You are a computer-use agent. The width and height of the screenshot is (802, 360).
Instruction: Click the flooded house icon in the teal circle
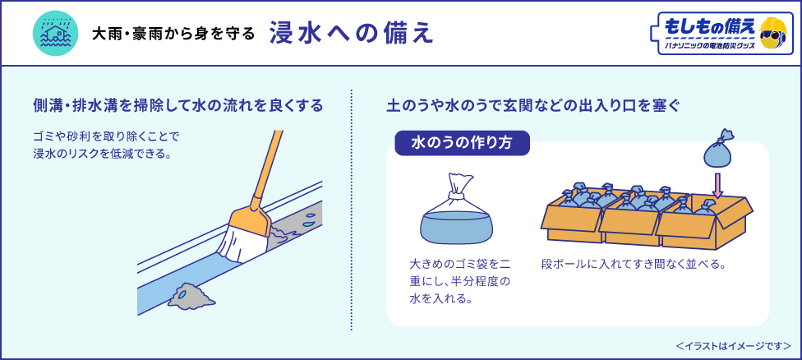(x=54, y=34)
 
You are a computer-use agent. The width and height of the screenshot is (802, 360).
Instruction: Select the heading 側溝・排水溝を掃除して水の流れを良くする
(x=177, y=106)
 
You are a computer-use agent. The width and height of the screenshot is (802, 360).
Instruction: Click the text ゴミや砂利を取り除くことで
(x=106, y=136)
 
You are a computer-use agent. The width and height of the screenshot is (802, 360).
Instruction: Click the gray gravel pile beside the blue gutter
(x=191, y=294)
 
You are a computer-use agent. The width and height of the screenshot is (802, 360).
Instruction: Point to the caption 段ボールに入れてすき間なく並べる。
(x=634, y=265)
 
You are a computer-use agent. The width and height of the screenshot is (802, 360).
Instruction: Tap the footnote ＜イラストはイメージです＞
(x=733, y=345)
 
